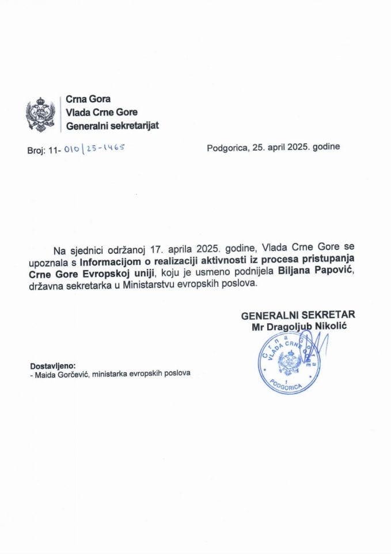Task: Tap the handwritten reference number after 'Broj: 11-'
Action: tap(94, 148)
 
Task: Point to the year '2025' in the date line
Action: tap(299, 147)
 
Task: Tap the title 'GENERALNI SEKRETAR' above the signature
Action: tap(298, 315)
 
